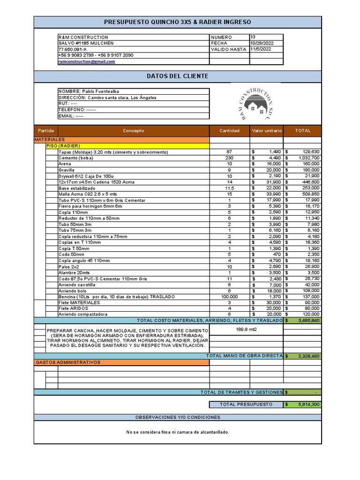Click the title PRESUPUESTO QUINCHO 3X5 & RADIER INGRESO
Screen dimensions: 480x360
tap(177, 22)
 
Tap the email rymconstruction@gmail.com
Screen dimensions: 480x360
tap(87, 61)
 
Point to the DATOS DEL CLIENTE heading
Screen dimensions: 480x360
tap(177, 76)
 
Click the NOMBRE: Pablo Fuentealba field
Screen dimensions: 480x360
tap(89, 91)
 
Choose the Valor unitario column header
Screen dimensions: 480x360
tap(267, 131)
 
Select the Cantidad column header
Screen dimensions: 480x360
tap(229, 131)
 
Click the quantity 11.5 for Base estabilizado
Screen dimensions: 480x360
tap(229, 188)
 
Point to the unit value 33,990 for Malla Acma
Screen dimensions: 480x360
tap(271, 194)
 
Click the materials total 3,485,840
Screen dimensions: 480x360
tap(308, 321)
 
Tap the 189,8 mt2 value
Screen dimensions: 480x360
tap(246, 329)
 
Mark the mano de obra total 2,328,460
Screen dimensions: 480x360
tap(308, 356)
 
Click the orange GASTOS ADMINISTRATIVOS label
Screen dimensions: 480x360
tap(68, 362)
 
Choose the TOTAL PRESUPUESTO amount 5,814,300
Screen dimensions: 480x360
tap(308, 404)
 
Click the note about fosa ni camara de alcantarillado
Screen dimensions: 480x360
tap(177, 432)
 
